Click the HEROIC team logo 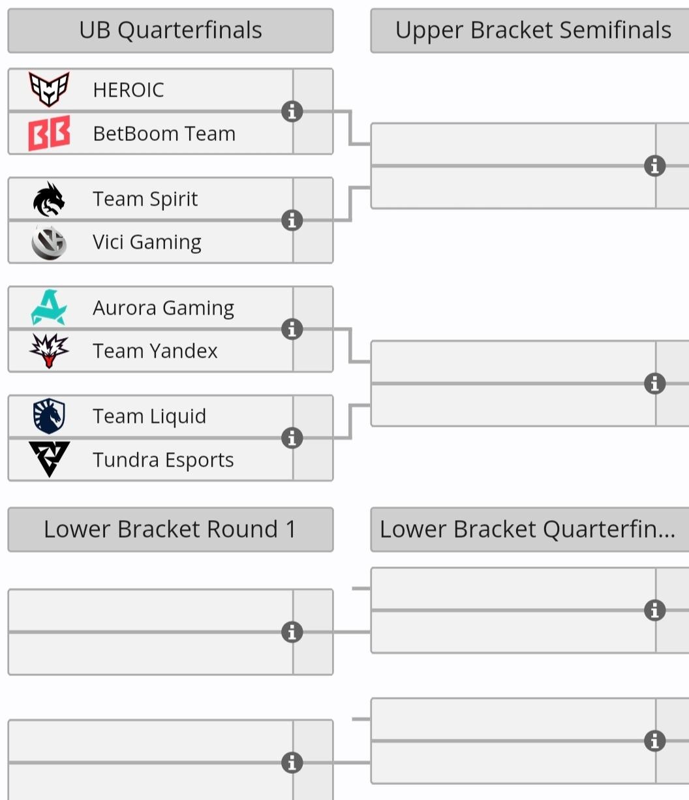[x=49, y=89]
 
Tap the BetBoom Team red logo [x=49, y=133]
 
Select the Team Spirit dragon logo [x=49, y=199]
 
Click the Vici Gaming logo [x=49, y=243]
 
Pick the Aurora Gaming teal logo [x=49, y=307]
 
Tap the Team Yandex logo [x=49, y=350]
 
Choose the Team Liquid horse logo [x=49, y=416]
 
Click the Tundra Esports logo [x=49, y=459]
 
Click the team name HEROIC [x=129, y=90]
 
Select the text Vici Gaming [x=147, y=242]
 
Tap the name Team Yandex [x=155, y=351]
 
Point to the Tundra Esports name [x=163, y=460]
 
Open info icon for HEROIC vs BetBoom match [x=292, y=112]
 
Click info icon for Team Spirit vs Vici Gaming [x=292, y=221]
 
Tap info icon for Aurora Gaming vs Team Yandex [x=292, y=330]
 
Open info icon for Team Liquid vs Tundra [x=292, y=438]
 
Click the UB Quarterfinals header [x=170, y=30]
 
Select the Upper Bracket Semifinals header [x=530, y=30]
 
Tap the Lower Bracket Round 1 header [x=170, y=529]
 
